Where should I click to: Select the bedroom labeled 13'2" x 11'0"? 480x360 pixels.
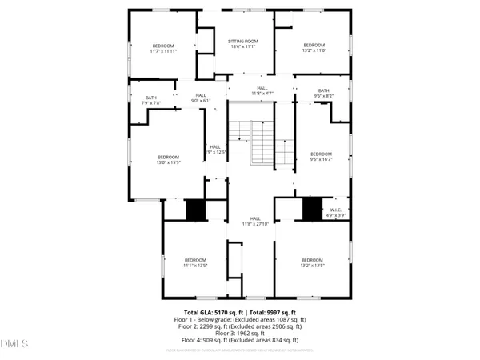(x=314, y=48)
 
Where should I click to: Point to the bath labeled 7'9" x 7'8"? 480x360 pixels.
(x=151, y=100)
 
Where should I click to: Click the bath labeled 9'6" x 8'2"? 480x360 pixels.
(x=324, y=94)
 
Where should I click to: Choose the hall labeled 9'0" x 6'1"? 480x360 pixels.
(x=200, y=98)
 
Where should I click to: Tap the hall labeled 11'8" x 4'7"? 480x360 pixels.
(x=262, y=91)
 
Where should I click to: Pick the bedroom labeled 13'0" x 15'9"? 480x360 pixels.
(x=168, y=160)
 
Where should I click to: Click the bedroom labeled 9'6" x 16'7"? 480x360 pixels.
(x=321, y=157)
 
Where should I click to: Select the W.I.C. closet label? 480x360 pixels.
(x=336, y=212)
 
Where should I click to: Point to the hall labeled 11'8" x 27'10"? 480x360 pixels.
(x=256, y=222)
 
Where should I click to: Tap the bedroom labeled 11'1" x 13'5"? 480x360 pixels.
(x=196, y=263)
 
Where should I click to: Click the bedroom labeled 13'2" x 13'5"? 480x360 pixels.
(x=312, y=263)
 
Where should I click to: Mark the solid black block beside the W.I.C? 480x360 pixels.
(x=312, y=208)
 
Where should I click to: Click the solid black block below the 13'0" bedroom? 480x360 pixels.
(x=195, y=210)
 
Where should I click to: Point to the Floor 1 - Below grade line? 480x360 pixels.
(x=240, y=318)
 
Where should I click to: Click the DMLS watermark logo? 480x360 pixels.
(x=14, y=344)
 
